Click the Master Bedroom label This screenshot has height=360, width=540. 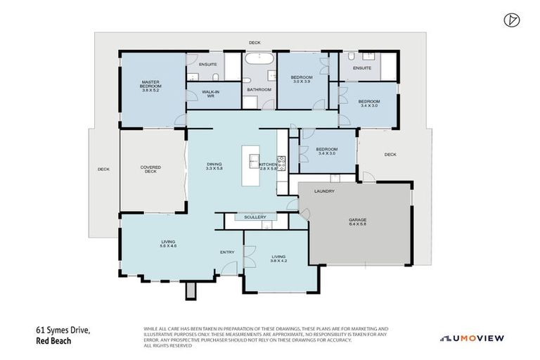(151, 86)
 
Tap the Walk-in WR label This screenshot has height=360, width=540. (209, 94)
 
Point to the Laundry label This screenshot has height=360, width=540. (324, 191)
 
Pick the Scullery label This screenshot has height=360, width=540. (255, 217)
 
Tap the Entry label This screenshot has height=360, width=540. (226, 252)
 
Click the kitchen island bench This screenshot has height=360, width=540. (250, 165)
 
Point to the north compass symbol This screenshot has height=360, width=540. (511, 20)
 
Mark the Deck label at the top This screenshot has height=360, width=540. (255, 43)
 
